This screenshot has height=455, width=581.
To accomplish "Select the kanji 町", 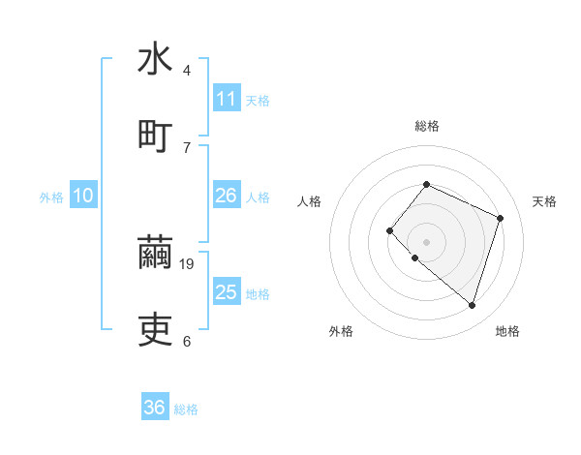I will (155, 135).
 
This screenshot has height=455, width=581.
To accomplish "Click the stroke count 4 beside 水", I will (187, 71).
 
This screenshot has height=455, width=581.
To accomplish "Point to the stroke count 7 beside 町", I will (187, 147).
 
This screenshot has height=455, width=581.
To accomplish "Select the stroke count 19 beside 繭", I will (189, 263).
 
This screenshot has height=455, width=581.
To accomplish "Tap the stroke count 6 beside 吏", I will (187, 341).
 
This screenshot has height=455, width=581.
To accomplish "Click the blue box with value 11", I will (227, 99).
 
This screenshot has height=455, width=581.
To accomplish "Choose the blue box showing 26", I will (227, 197).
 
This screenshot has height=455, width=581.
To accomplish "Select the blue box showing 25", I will (227, 292).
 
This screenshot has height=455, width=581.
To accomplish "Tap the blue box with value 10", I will (83, 197).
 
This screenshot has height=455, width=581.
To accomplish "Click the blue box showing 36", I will (155, 409).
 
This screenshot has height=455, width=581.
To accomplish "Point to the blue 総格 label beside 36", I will (187, 409).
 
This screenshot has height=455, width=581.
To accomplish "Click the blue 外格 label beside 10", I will (51, 197).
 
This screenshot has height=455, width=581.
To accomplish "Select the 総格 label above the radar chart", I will (426, 126).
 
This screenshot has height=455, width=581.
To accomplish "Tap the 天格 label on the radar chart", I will (544, 201).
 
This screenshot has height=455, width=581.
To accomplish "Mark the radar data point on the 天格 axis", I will (501, 218).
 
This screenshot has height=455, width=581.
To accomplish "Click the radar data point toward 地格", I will (472, 305).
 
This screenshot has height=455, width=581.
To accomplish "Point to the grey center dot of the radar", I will (426, 241).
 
